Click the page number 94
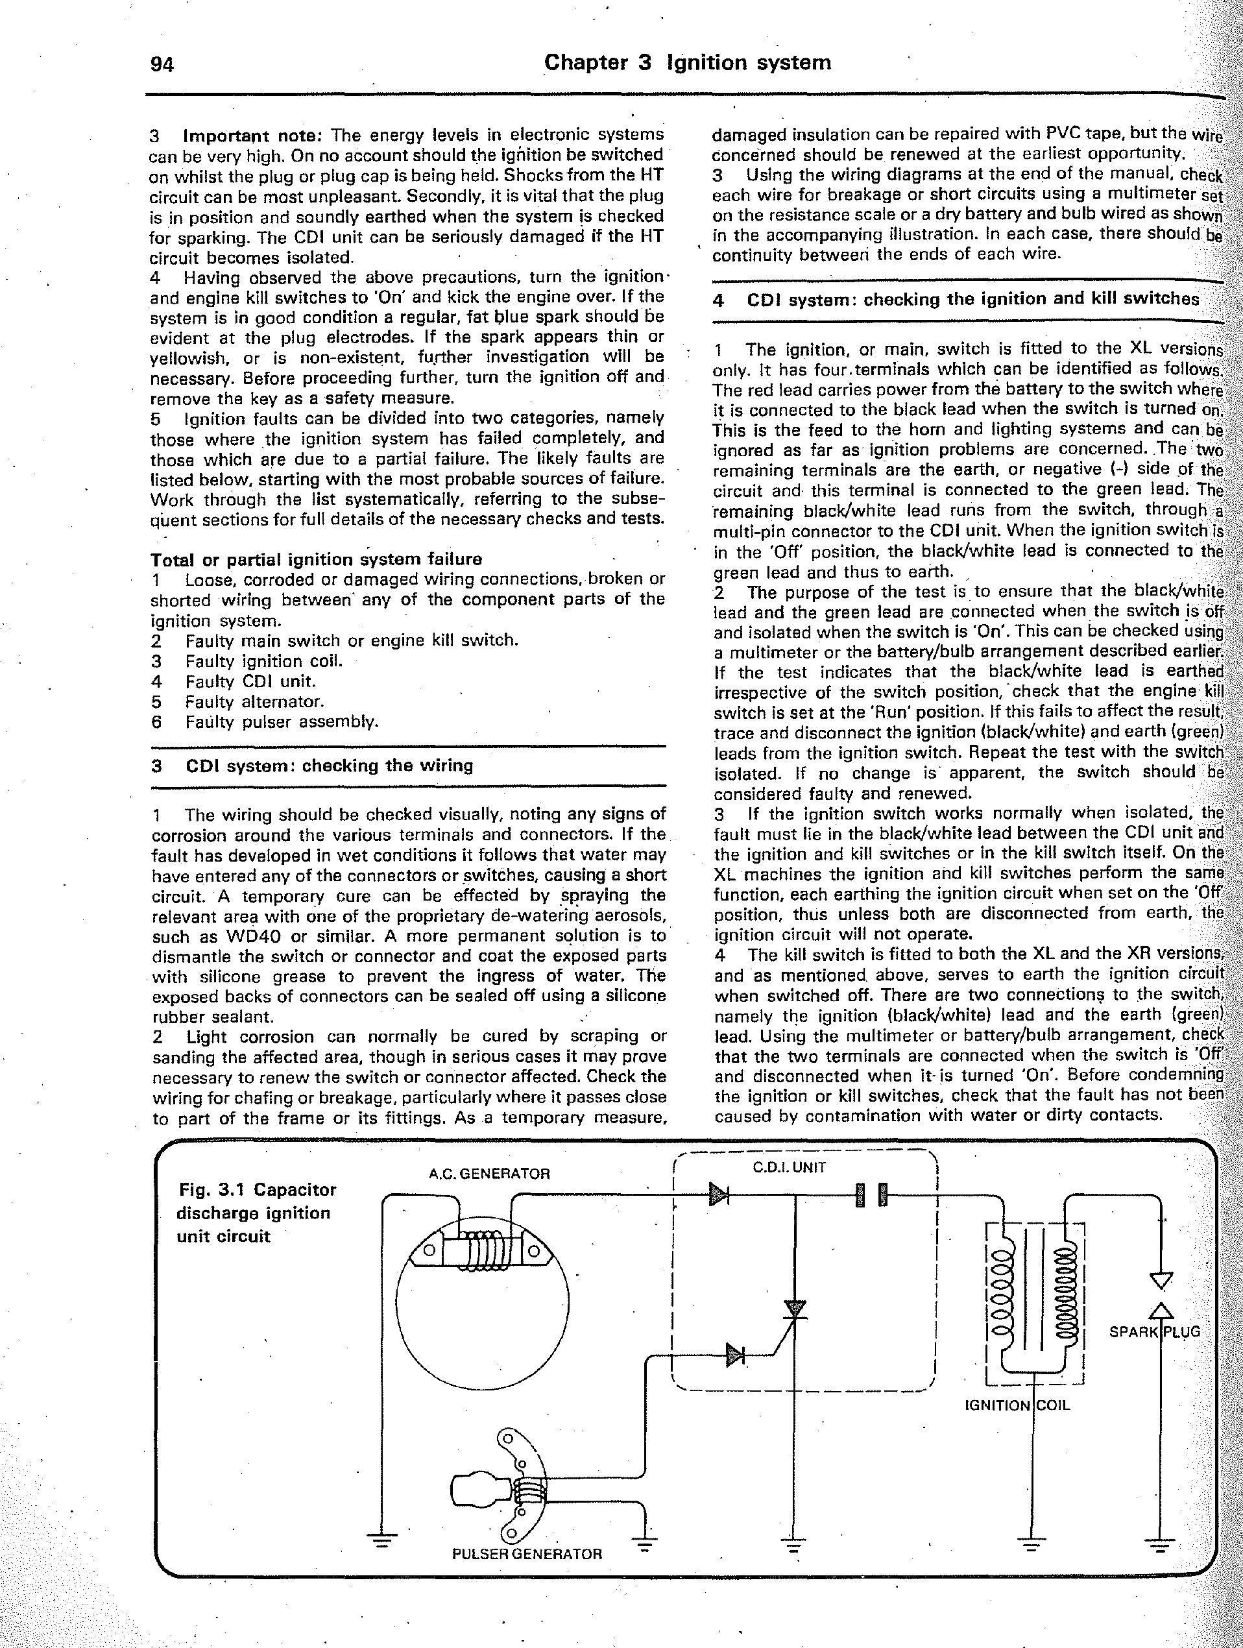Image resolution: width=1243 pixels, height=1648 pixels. tap(162, 66)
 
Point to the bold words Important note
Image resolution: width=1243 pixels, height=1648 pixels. tap(252, 136)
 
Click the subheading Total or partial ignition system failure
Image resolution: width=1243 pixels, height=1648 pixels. tap(316, 559)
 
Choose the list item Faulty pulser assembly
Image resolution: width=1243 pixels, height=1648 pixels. tap(282, 721)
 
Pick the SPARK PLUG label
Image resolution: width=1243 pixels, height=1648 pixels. tap(1154, 1331)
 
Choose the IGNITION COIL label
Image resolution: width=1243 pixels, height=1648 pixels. tap(1017, 1405)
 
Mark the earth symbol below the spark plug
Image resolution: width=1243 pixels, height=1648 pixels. tap(1159, 1544)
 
